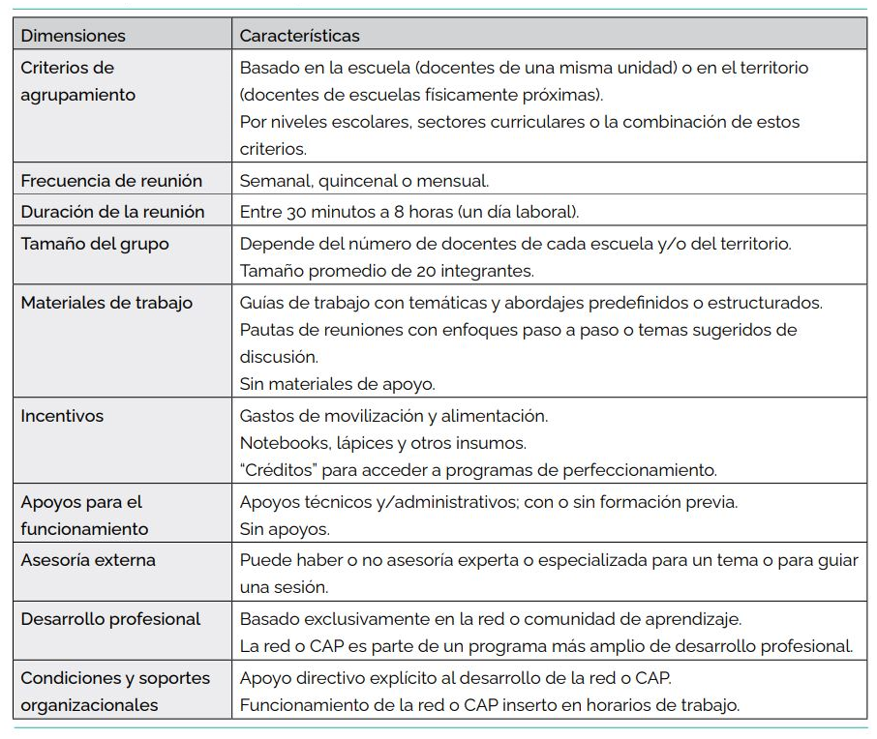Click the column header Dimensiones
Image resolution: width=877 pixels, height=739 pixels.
[74, 36]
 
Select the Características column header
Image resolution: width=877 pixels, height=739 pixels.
[299, 36]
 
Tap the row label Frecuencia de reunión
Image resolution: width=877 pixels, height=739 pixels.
[111, 181]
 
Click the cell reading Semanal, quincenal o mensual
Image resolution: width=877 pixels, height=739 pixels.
[364, 181]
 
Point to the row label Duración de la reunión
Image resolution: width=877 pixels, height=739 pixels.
[112, 212]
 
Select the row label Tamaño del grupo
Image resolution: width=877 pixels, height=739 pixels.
[95, 244]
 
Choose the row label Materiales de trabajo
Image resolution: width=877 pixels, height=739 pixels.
[106, 303]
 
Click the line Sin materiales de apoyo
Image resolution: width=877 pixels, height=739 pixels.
[337, 384]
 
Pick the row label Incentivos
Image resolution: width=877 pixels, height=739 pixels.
[62, 416]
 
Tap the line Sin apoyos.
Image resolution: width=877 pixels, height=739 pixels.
[285, 529]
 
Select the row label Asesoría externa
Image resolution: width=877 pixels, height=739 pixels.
[88, 560]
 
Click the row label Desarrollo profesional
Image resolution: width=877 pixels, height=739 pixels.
[110, 619]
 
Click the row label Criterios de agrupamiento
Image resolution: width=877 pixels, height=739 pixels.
[77, 81]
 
